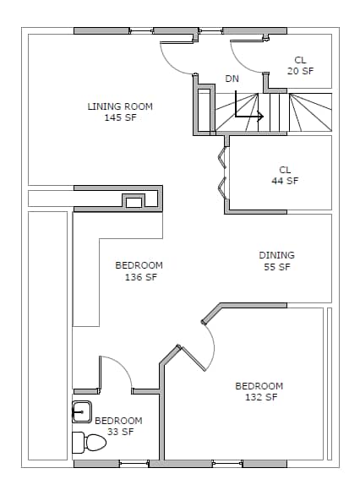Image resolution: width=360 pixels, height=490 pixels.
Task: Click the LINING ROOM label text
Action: (120, 106)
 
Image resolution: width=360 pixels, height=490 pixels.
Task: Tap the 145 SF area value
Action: (120, 117)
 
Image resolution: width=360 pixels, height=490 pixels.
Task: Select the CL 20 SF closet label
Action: (300, 65)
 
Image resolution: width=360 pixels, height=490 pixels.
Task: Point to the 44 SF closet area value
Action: (285, 181)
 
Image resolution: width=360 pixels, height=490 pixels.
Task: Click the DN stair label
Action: (232, 79)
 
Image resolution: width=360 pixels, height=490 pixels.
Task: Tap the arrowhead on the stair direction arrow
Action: (260, 117)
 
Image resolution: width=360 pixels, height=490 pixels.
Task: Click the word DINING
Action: (276, 255)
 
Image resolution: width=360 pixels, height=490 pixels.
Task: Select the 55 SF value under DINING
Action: (277, 267)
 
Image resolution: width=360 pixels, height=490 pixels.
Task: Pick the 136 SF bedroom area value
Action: (141, 277)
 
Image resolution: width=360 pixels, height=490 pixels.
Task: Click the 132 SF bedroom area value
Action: (261, 397)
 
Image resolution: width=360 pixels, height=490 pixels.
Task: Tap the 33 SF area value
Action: (121, 432)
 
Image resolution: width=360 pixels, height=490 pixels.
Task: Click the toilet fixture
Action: (89, 443)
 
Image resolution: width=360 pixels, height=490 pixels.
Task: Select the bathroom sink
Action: (82, 412)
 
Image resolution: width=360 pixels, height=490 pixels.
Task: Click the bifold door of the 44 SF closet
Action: (222, 173)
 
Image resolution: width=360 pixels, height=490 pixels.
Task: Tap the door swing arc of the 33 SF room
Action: (121, 367)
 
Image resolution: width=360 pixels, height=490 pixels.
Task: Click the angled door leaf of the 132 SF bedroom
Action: (193, 359)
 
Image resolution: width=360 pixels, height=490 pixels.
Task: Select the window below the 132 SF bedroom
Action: (227, 464)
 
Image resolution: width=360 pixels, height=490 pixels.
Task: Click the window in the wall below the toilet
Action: (134, 464)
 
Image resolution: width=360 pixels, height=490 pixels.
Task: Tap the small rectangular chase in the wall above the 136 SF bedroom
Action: (134, 202)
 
